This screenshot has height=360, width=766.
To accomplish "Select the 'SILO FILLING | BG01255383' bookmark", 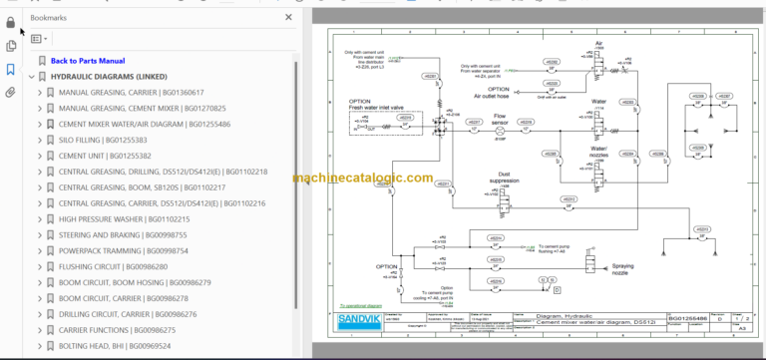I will pos(104,140).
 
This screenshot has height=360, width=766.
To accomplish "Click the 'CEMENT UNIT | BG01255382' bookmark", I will pos(105,156).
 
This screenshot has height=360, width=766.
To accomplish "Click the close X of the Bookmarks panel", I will pos(288,17).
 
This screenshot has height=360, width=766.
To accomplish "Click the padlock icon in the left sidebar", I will pos(11,22).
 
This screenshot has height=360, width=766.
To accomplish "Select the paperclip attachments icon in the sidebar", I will pos(11,92).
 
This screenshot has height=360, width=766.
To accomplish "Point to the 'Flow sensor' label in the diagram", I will pos(501,121).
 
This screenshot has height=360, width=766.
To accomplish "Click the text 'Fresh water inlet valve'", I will pos(378,107).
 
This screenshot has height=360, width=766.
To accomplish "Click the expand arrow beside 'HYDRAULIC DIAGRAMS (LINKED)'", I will pos(31,77).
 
